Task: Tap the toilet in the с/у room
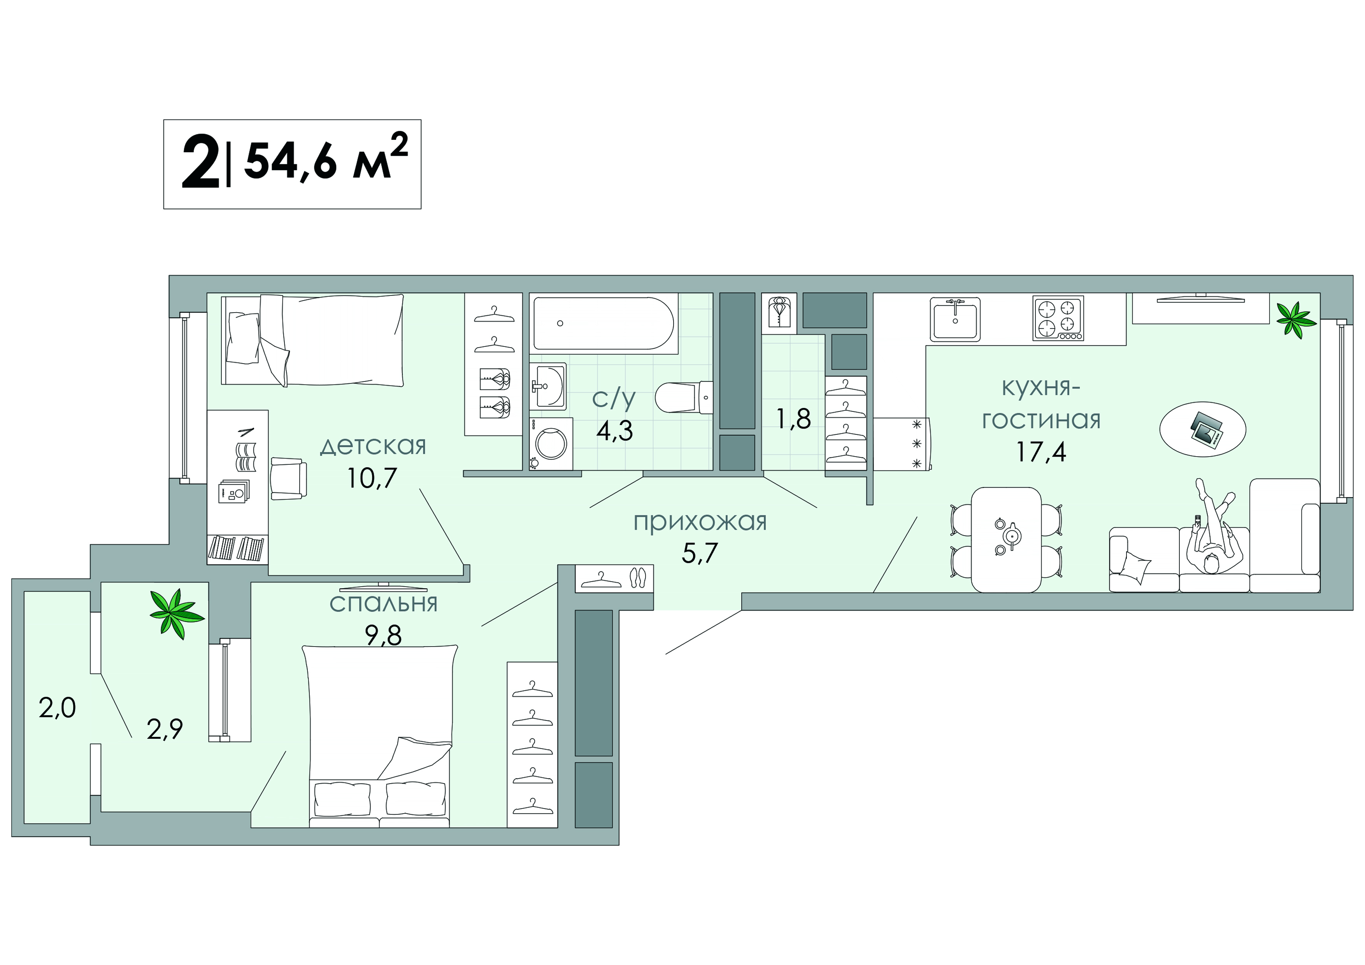coord(684,397)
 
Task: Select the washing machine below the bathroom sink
coord(551,443)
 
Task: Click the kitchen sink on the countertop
coord(955,319)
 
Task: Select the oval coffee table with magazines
coord(1203,429)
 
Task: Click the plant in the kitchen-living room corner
coord(1295,320)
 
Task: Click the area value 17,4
coord(1041,452)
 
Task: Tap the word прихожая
coord(700,522)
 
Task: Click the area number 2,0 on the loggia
coord(58,708)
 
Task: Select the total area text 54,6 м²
coord(326,157)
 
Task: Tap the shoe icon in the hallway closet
coord(637,577)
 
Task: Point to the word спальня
coord(383,603)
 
